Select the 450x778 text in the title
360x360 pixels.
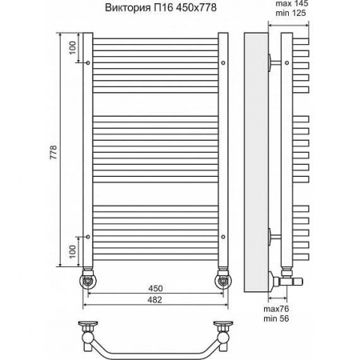pyautogui.click(x=194, y=9)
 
